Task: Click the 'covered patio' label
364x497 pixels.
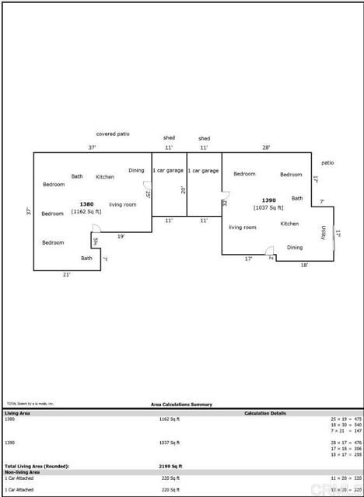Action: coord(113,134)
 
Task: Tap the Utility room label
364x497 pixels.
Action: coord(324,232)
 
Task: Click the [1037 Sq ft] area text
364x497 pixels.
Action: coord(268,207)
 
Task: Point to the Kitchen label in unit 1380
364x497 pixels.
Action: coord(105,177)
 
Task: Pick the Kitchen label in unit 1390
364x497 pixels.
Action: coord(289,224)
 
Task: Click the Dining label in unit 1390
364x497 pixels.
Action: coord(295,248)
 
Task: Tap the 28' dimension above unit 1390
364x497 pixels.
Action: coord(266,147)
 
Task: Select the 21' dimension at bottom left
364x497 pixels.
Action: coord(67,274)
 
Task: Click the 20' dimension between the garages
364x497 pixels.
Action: coord(184,189)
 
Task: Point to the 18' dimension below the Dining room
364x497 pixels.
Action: coord(304,265)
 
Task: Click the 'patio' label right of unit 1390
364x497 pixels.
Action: coord(327,162)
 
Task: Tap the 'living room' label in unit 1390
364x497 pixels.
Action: coord(243,228)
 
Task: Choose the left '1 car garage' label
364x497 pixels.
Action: coord(168,170)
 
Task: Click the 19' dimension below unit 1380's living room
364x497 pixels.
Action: coord(121,235)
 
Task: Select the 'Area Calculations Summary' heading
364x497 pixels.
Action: coord(181,405)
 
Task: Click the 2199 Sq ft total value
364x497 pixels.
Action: coord(170,466)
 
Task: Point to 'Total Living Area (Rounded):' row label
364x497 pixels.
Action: coord(37,466)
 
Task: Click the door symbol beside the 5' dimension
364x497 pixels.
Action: coord(96,228)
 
